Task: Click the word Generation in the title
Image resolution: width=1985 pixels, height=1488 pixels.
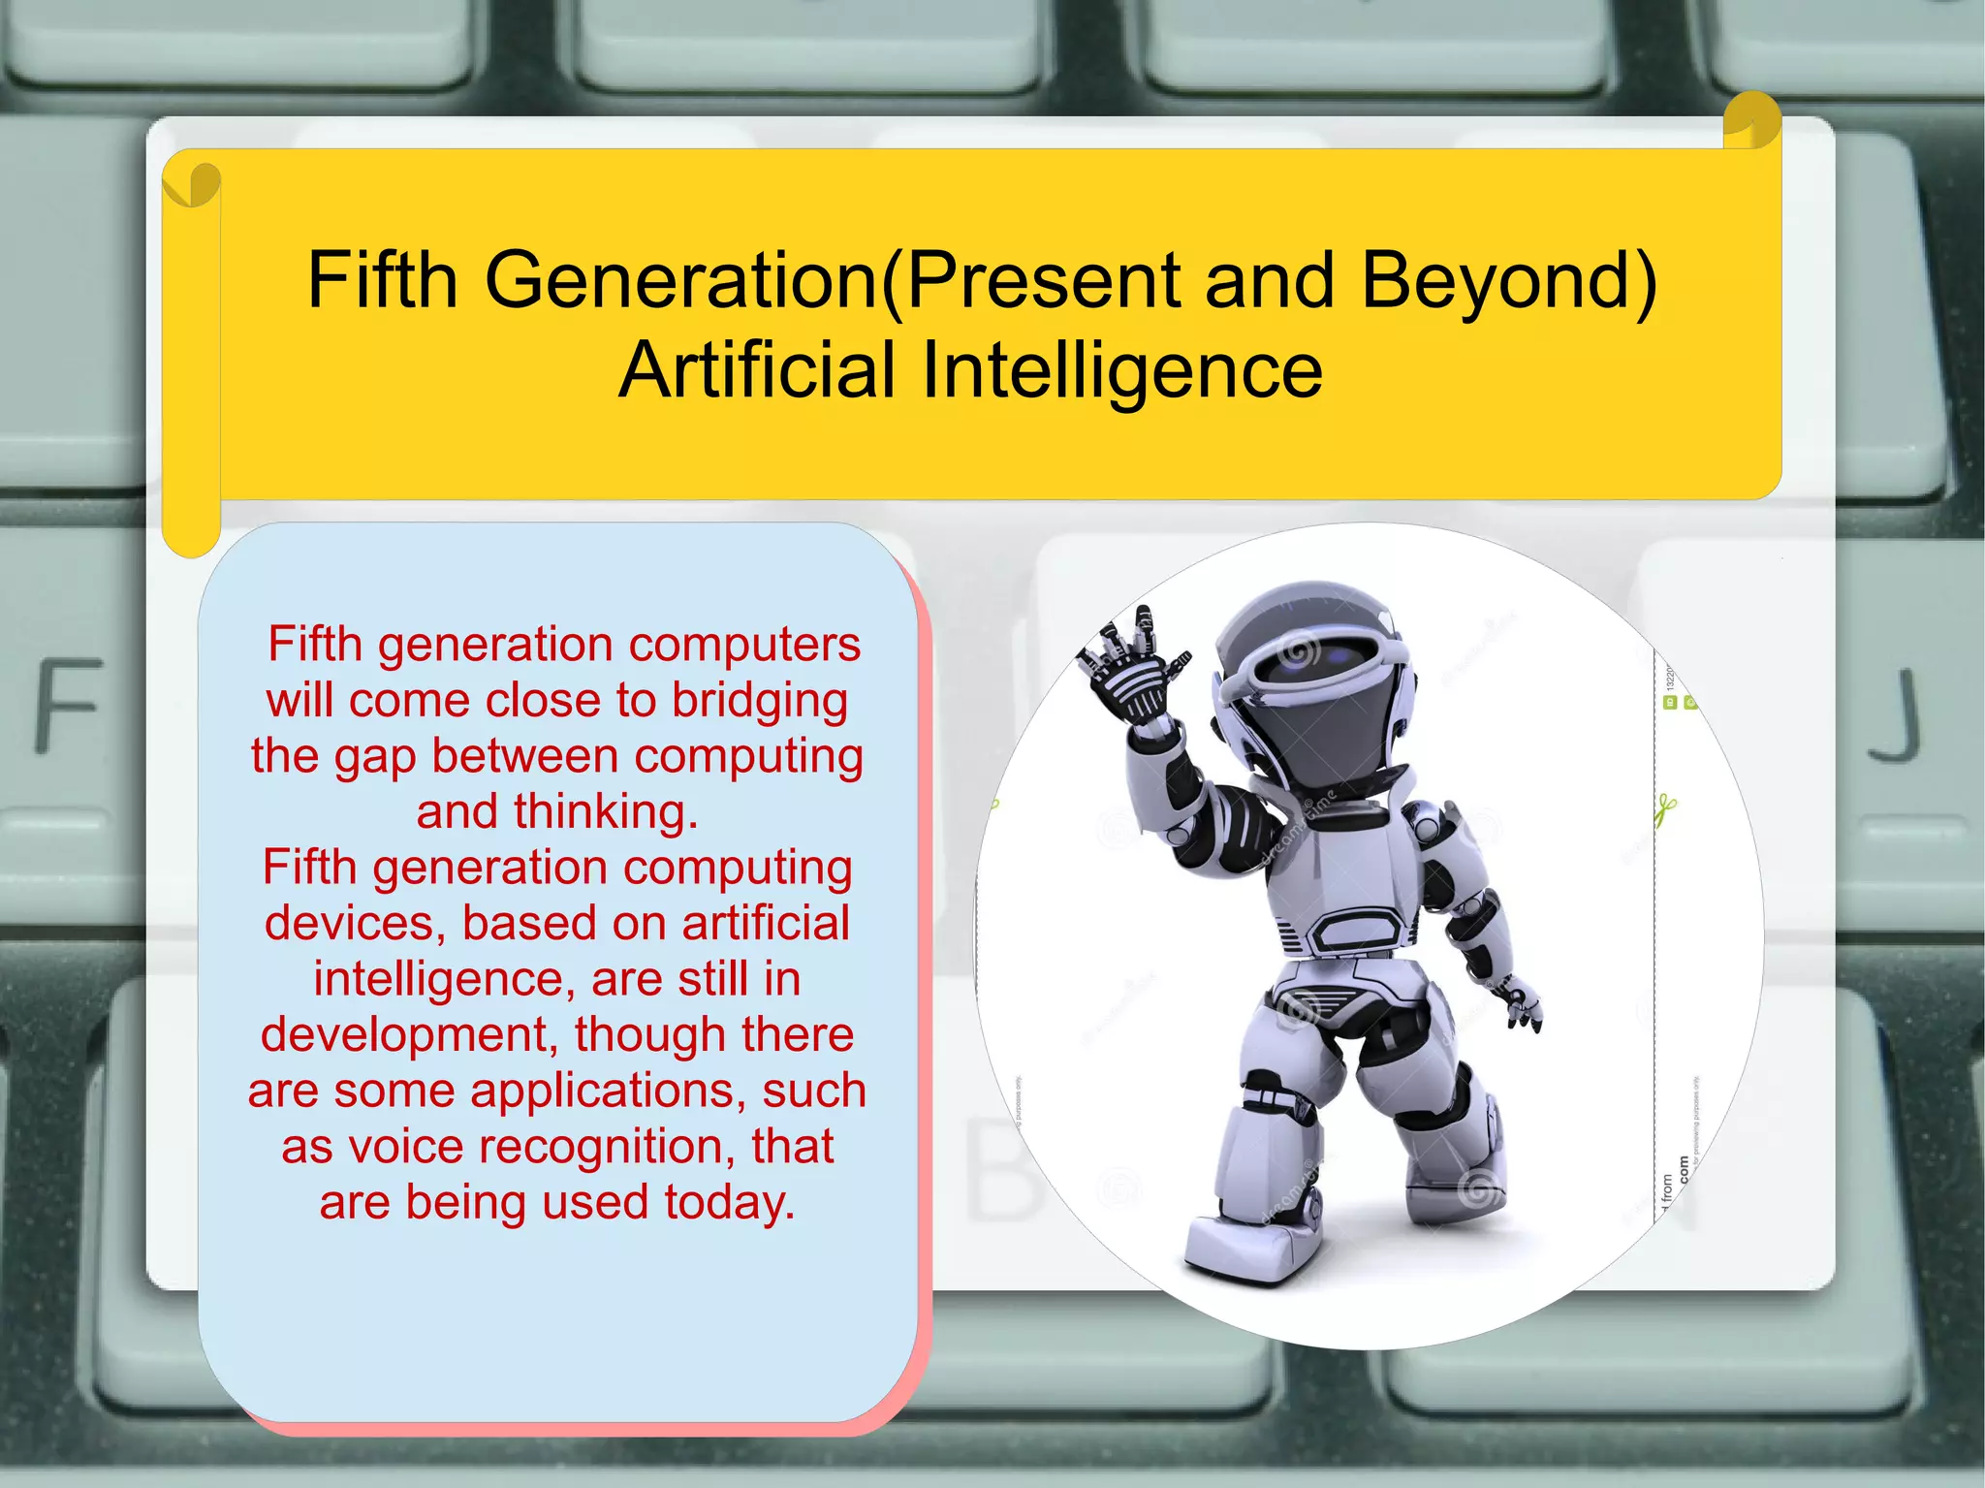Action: [x=679, y=280]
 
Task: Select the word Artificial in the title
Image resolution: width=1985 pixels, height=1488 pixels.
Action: [x=757, y=370]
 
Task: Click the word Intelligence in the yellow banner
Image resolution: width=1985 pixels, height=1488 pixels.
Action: [x=1121, y=370]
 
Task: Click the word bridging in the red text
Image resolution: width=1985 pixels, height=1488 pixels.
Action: [x=760, y=701]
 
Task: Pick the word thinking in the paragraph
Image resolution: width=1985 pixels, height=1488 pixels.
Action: [x=605, y=812]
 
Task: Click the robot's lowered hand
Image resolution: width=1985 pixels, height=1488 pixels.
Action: [x=1522, y=1003]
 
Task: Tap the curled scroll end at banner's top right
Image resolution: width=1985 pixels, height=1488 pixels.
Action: [x=1752, y=122]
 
